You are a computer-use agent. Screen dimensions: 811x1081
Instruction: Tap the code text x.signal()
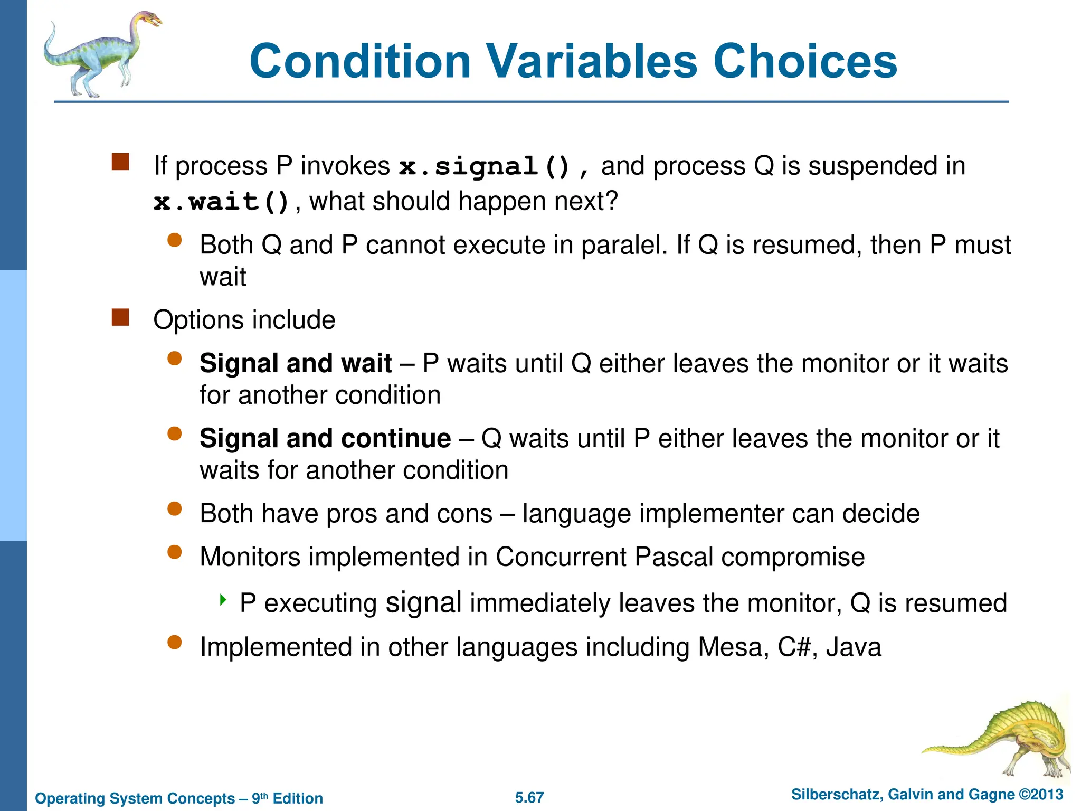click(x=484, y=167)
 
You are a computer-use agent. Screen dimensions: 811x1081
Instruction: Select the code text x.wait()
click(x=221, y=202)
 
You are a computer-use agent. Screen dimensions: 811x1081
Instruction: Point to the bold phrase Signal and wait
click(x=296, y=364)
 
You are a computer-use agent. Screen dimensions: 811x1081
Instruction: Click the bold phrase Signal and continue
click(x=325, y=439)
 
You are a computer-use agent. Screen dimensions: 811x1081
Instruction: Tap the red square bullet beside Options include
click(x=120, y=317)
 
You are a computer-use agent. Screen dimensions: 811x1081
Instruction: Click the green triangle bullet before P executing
click(x=223, y=600)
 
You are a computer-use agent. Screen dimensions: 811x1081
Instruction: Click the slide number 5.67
click(x=529, y=797)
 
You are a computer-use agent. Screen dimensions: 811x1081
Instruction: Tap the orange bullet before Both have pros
click(x=174, y=509)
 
